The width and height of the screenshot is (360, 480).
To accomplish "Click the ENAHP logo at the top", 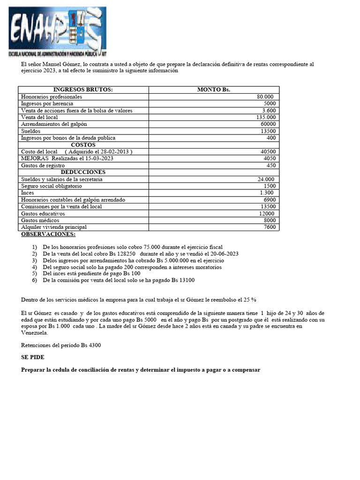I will tap(56, 31).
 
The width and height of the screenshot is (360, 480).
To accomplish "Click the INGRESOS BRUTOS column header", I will tap(83, 90).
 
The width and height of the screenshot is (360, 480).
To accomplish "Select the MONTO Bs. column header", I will tap(213, 90).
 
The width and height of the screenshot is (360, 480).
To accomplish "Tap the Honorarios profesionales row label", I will tap(52, 97).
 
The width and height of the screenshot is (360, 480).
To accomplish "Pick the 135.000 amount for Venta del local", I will tap(266, 117).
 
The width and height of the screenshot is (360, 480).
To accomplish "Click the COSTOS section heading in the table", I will tap(83, 145).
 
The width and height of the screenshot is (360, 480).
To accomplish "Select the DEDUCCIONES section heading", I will tap(83, 172).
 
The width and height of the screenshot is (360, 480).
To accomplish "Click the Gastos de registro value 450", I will tap(271, 165).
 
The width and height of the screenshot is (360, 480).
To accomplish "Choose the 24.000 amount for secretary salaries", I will tap(266, 179).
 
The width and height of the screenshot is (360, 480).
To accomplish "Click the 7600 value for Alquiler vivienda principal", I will tap(270, 227).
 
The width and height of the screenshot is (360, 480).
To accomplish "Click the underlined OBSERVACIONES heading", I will tap(48, 234).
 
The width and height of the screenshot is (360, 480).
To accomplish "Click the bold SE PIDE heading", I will tap(33, 357).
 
